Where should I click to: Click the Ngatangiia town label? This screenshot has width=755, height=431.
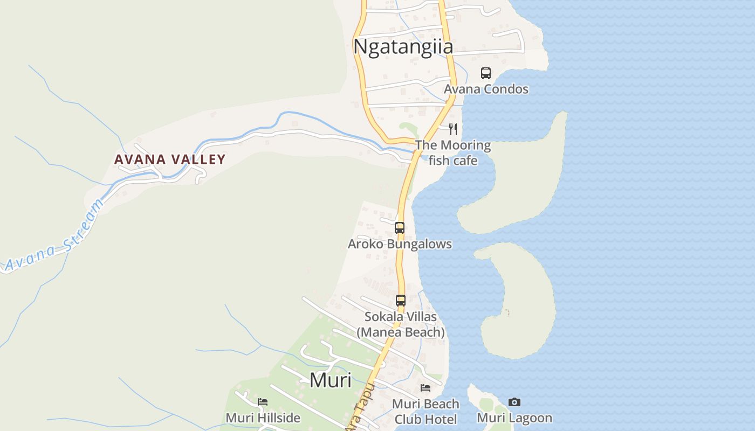click(x=403, y=47)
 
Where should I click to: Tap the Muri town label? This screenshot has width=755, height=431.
click(x=330, y=380)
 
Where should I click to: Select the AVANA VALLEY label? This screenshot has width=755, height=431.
click(x=170, y=159)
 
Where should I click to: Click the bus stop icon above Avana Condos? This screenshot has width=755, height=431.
click(x=486, y=73)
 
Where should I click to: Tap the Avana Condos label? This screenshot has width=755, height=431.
click(x=486, y=89)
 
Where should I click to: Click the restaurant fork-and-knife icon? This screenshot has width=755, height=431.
click(x=453, y=129)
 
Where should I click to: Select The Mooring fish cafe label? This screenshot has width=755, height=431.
click(x=453, y=152)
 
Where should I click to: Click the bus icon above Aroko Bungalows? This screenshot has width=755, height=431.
click(x=400, y=228)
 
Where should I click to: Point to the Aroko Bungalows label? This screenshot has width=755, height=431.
click(x=400, y=244)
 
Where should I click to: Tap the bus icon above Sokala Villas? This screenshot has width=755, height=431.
click(x=401, y=301)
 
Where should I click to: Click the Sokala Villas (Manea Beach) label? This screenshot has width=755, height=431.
click(x=401, y=324)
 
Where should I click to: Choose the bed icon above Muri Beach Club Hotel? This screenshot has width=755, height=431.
click(x=425, y=388)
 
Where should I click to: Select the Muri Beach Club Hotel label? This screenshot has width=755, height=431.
click(x=425, y=411)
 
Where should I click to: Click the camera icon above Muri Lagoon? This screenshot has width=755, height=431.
click(x=514, y=402)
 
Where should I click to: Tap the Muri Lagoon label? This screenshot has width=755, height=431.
click(x=514, y=418)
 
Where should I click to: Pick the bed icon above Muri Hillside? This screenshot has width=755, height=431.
click(x=263, y=402)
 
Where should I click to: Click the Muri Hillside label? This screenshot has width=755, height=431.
click(x=263, y=418)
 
